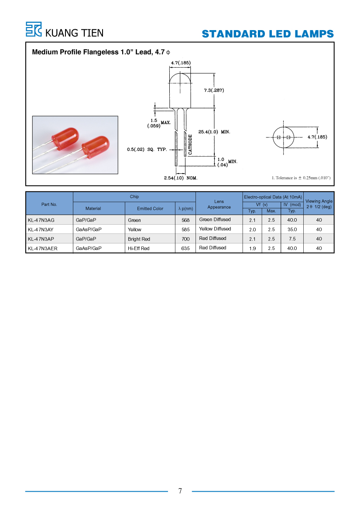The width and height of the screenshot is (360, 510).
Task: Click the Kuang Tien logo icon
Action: [34, 29]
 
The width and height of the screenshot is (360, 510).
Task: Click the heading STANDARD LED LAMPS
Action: [267, 34]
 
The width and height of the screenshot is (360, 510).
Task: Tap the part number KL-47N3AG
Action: [41, 220]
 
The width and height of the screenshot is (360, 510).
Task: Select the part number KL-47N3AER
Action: [43, 249]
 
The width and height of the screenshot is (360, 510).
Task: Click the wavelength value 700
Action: [185, 239]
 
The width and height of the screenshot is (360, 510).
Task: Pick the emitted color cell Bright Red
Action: [139, 239]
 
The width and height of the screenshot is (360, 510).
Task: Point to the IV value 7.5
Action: [292, 239]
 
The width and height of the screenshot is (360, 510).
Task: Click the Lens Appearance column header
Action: [219, 204]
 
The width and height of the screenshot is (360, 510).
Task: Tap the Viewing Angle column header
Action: [319, 204]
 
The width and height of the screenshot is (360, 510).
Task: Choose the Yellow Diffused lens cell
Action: [215, 229]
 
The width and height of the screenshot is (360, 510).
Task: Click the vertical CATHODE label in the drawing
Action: [190, 144]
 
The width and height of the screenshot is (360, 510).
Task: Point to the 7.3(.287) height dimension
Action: [214, 90]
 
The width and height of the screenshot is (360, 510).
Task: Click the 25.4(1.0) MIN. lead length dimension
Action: [214, 132]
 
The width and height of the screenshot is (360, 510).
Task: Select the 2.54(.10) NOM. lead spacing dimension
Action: [181, 178]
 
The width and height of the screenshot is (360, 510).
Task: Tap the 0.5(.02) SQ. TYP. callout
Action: [147, 149]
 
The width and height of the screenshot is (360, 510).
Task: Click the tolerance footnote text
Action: [301, 178]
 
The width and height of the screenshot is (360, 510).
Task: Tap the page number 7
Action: [180, 491]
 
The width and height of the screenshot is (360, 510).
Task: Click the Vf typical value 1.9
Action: [252, 249]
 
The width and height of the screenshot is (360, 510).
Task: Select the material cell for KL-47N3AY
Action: [89, 229]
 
